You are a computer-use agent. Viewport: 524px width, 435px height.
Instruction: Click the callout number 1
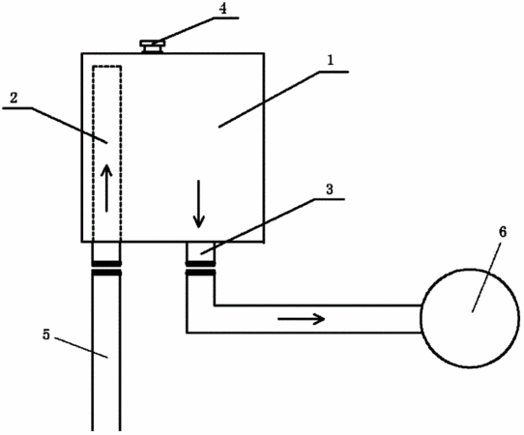pyautogui.click(x=331, y=61)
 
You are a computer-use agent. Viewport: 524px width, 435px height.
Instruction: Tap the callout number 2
pyautogui.click(x=14, y=98)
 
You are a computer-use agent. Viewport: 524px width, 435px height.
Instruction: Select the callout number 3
pyautogui.click(x=330, y=189)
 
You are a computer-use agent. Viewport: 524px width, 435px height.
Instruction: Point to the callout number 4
pyautogui.click(x=222, y=9)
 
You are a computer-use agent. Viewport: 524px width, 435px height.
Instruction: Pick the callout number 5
pyautogui.click(x=46, y=334)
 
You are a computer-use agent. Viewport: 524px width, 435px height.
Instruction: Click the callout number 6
pyautogui.click(x=503, y=232)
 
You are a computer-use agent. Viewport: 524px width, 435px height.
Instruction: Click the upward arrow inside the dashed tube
pyautogui.click(x=107, y=188)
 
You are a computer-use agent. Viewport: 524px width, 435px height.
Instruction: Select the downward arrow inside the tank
pyautogui.click(x=199, y=204)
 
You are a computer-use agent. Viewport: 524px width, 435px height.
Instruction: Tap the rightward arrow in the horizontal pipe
pyautogui.click(x=302, y=319)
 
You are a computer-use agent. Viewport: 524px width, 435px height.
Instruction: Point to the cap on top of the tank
pyautogui.click(x=153, y=46)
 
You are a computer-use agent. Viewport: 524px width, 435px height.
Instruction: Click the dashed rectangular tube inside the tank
pyautogui.click(x=93, y=154)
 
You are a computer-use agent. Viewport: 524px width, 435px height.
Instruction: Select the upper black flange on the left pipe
pyautogui.click(x=106, y=264)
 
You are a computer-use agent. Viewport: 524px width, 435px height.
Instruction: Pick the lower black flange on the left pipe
pyautogui.click(x=106, y=273)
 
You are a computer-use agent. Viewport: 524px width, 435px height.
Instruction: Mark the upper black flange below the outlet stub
pyautogui.click(x=200, y=264)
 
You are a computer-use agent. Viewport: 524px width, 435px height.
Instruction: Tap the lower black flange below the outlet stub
pyautogui.click(x=200, y=273)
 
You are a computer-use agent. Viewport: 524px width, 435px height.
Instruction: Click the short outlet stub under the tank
pyautogui.click(x=200, y=251)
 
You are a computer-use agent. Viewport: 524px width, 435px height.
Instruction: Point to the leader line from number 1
pyautogui.click(x=269, y=100)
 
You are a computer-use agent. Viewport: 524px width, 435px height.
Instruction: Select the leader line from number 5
pyautogui.click(x=81, y=348)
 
